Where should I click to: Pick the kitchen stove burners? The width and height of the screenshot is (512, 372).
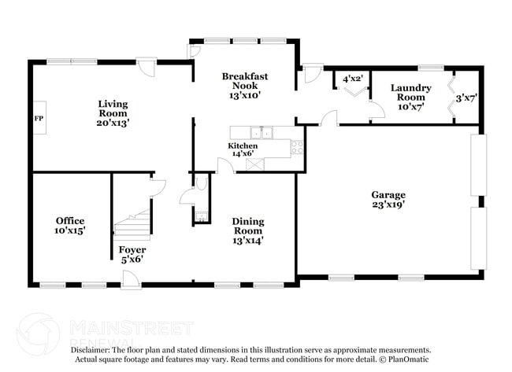[x=298, y=147]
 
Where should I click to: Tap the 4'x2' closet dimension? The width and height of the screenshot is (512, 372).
[x=351, y=79]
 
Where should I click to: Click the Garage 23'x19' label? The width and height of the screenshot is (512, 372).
[x=389, y=200]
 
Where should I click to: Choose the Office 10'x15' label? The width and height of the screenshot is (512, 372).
[x=70, y=226]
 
